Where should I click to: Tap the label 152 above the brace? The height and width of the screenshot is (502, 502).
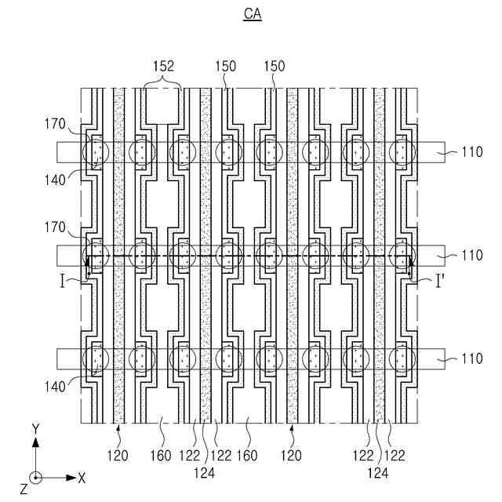[162, 67]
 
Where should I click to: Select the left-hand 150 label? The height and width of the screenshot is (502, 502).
[224, 67]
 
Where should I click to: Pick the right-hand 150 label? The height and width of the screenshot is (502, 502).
[276, 67]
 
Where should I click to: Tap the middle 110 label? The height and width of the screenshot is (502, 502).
[471, 256]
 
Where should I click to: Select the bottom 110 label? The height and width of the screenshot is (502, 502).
[471, 359]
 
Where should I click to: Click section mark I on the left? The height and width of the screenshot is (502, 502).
[71, 281]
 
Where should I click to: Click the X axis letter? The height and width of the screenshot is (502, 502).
[82, 477]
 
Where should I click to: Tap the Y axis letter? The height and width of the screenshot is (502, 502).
[35, 428]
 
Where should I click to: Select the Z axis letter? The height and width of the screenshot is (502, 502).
[24, 489]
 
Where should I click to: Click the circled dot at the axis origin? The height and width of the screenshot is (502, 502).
[35, 477]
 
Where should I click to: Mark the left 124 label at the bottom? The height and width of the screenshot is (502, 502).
[205, 473]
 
